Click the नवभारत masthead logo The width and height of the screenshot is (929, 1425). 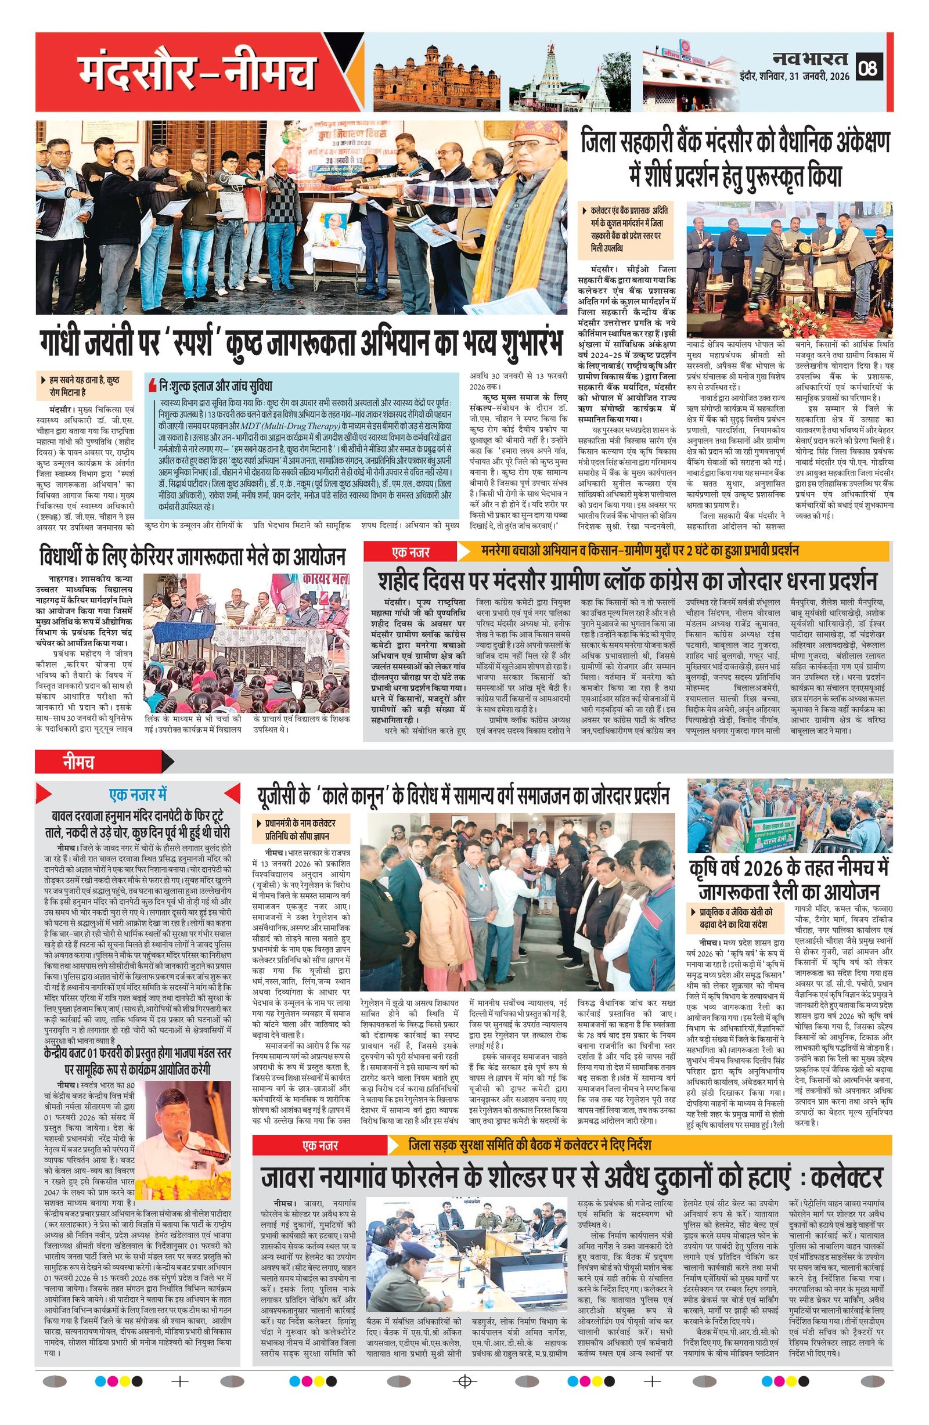pos(810,59)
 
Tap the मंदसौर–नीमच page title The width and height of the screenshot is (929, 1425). pos(197,74)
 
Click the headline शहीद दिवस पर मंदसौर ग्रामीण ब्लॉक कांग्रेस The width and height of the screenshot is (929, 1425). pos(628,581)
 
